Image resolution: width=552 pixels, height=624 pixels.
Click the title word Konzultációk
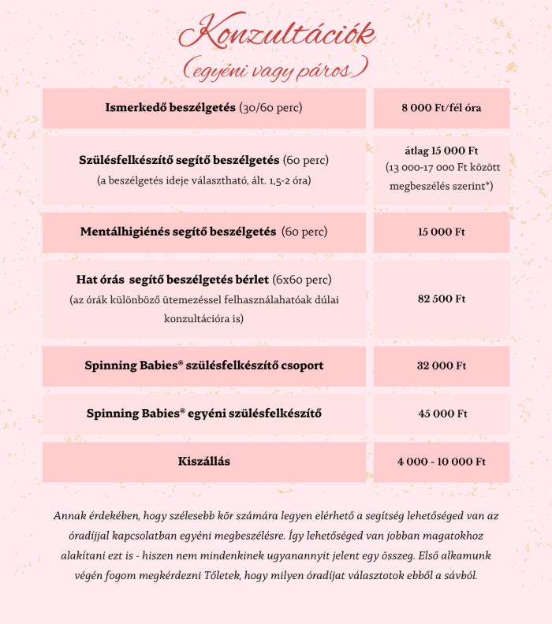277,34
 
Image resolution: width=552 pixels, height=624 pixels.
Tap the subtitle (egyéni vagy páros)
275,70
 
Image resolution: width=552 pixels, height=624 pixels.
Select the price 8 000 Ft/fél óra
441,108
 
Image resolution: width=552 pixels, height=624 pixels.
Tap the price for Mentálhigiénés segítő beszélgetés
441,232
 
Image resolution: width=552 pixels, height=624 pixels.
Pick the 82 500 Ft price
441,299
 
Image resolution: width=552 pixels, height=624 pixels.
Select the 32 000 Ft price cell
441,366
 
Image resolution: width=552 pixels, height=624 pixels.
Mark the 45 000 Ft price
441,414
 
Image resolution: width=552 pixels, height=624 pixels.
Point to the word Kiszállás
203,462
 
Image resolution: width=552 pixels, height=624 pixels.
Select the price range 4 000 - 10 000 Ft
441,462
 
